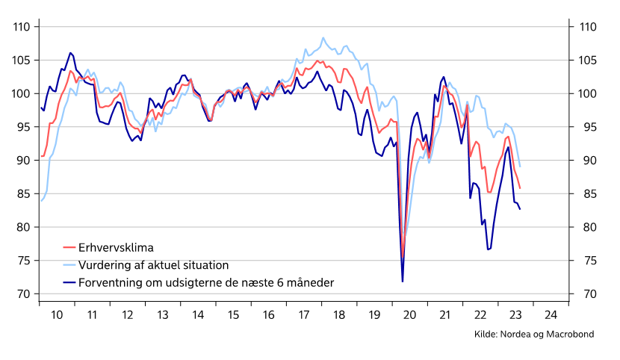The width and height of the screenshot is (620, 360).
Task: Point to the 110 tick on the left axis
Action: click(21, 27)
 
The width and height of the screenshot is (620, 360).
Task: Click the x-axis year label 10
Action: click(58, 315)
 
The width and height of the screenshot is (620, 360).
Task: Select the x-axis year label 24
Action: click(551, 315)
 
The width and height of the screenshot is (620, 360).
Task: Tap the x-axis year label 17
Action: click(304, 315)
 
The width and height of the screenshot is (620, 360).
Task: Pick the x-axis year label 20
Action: click(410, 315)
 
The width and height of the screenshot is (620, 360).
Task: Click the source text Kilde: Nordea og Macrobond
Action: click(534, 335)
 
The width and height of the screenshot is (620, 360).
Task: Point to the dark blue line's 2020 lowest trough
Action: click(403, 282)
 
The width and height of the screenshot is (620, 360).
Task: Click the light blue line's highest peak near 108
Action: click(323, 37)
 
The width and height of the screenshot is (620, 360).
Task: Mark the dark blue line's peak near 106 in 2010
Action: click(70, 53)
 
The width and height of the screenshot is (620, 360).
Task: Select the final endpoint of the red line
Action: click(520, 188)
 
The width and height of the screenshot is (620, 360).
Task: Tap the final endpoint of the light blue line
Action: click(520, 167)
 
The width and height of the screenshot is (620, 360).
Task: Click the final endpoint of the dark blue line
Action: click(520, 209)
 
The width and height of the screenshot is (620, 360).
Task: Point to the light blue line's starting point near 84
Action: click(41, 201)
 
